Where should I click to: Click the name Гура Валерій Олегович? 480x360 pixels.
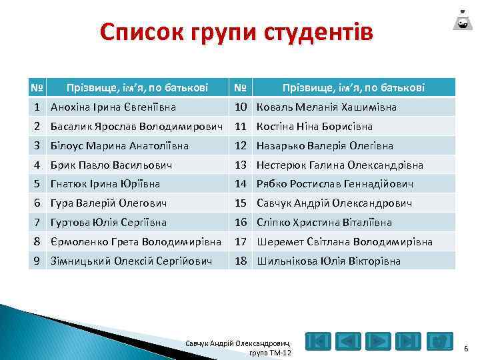108,203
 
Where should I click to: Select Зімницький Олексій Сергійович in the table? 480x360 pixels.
131,261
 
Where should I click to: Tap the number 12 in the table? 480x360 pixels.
241,145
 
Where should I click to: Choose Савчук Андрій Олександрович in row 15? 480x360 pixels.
335,203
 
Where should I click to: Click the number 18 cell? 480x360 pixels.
241,261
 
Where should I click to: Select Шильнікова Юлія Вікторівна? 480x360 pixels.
329,261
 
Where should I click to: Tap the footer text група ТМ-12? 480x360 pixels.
269,352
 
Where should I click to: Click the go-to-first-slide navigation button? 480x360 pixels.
319,342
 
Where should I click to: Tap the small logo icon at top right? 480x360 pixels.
461,19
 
